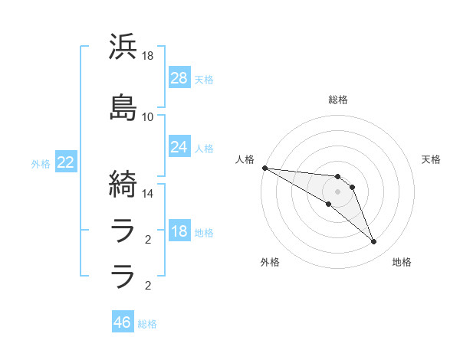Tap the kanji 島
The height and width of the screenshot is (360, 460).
click(x=123, y=107)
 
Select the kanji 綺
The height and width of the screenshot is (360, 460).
click(x=123, y=184)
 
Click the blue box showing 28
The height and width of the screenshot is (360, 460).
click(x=179, y=77)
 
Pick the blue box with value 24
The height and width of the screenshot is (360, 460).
click(x=179, y=147)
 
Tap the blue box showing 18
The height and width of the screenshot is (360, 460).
click(x=179, y=232)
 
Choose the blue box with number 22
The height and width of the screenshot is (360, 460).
click(x=66, y=162)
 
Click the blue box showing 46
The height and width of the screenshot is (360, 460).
click(x=123, y=322)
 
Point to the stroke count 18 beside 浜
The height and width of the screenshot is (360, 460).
click(x=148, y=56)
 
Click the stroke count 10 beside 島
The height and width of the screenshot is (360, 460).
click(x=148, y=116)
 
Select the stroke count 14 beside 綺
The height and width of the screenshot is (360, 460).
click(x=148, y=193)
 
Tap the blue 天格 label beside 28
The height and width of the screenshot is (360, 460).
click(x=204, y=79)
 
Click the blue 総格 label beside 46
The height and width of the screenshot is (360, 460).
click(x=147, y=324)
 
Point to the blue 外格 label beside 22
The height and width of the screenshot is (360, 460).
click(x=41, y=164)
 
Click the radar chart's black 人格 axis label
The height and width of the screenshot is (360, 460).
click(x=245, y=159)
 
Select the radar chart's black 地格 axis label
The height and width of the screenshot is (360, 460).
click(x=402, y=262)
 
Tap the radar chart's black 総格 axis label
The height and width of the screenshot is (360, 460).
click(x=338, y=100)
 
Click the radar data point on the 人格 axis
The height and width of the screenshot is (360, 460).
click(x=264, y=168)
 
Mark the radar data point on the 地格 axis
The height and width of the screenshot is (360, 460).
click(x=373, y=242)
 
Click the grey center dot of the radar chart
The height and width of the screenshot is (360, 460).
click(x=337, y=191)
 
